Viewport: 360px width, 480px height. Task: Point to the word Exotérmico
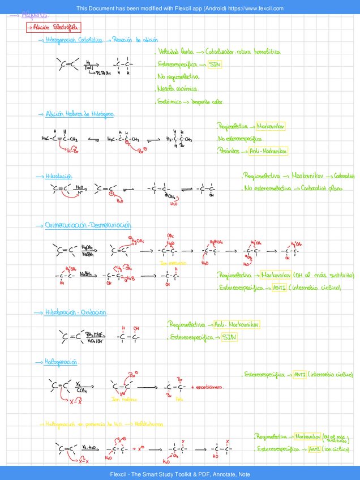coord(170,102)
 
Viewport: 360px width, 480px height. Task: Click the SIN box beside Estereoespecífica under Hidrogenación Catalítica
coord(215,65)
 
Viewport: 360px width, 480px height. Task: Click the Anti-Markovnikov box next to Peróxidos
coord(269,152)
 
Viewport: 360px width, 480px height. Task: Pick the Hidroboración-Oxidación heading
coord(79,312)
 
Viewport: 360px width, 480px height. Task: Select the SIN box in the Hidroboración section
coord(229,337)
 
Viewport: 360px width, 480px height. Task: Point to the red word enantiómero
coord(210,388)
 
